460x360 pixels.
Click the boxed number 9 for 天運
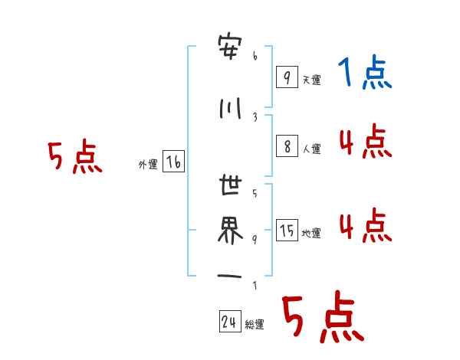coord(286,77)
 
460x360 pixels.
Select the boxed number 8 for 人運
coord(286,146)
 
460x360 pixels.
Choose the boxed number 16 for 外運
coord(173,162)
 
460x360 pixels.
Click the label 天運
coord(311,80)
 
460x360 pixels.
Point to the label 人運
coord(311,149)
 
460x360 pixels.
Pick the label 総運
coord(255,325)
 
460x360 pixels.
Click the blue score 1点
coord(365,74)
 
